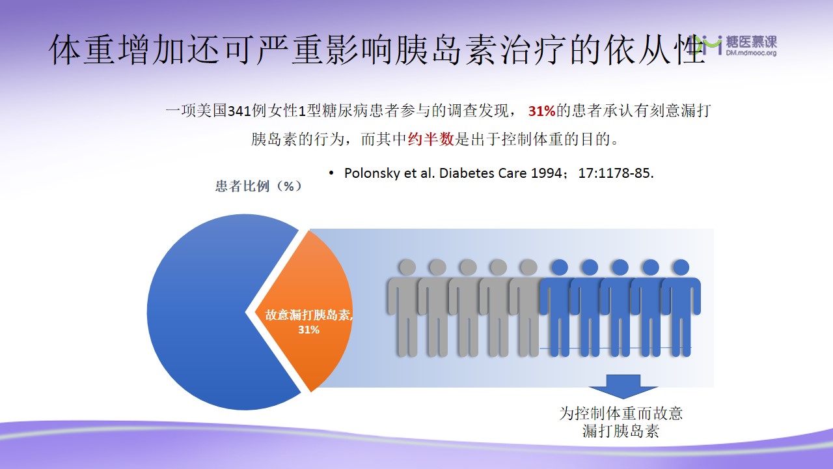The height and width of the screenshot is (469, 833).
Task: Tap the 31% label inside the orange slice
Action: tap(308, 330)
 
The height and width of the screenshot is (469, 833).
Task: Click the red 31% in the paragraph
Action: tap(542, 111)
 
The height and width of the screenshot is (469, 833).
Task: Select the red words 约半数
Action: tap(431, 139)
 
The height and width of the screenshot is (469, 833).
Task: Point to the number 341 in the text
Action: tap(239, 111)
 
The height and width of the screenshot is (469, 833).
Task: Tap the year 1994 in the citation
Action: tap(546, 173)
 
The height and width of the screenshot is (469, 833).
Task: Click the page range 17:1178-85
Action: tap(616, 173)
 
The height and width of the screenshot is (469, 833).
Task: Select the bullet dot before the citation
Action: tap(331, 173)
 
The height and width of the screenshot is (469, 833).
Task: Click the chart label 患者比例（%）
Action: tap(259, 186)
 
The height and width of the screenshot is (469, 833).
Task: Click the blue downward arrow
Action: tap(623, 387)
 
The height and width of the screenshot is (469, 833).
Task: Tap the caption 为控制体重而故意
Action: tap(621, 414)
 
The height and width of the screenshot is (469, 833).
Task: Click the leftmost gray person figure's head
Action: tap(407, 267)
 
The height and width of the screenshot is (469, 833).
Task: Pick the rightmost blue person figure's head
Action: tap(681, 267)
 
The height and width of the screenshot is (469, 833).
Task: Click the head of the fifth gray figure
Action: tap(528, 267)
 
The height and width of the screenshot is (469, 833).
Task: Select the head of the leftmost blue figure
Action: tap(560, 267)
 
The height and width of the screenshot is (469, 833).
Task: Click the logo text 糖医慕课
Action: tap(751, 42)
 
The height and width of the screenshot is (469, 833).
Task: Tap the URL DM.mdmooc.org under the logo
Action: tap(751, 53)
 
